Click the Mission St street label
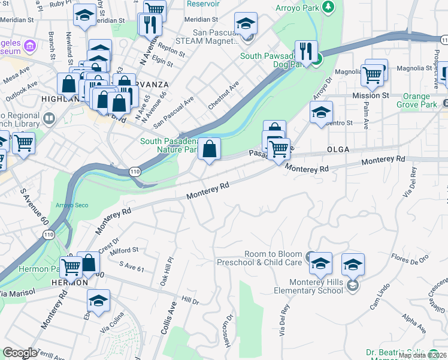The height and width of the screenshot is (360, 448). click(x=370, y=95)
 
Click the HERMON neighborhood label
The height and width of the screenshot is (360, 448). click(x=70, y=282)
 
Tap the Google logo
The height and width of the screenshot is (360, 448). click(x=20, y=353)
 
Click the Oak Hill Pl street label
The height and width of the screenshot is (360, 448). click(x=165, y=272)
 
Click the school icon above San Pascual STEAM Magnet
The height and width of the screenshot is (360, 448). click(x=246, y=24)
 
